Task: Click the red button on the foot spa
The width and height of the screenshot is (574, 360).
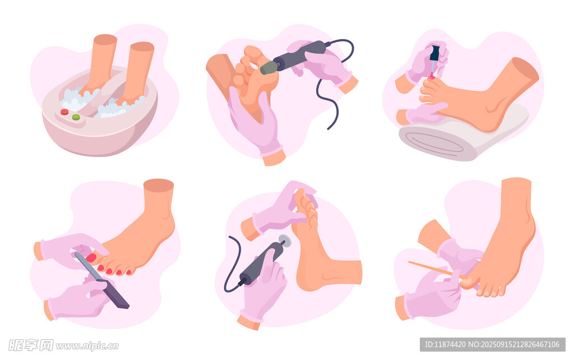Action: tap(64, 112)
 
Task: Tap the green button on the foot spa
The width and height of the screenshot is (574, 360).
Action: tap(76, 117)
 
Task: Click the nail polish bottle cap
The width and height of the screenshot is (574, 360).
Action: tap(434, 53)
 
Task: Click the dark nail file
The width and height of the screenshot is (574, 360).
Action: tap(102, 280)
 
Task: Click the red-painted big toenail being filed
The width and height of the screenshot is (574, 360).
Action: tap(91, 258)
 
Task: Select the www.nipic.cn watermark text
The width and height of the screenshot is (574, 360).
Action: tap(87, 346)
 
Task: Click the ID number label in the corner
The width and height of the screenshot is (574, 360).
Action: tap(492, 344)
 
